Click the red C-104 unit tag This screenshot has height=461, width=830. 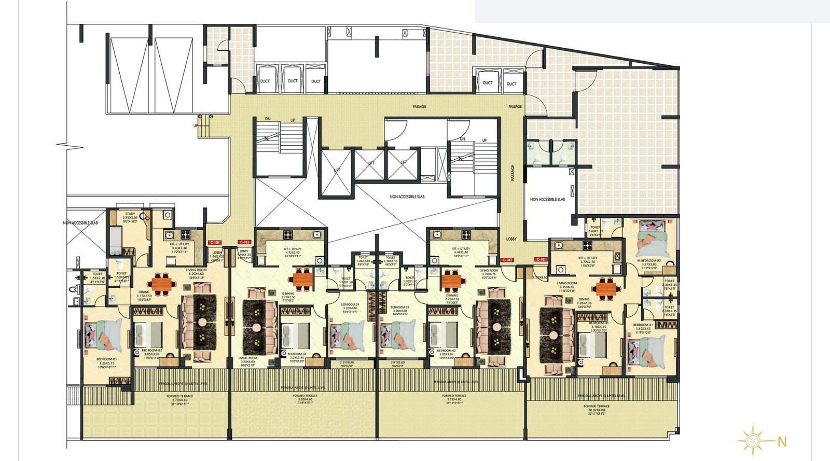(215, 243)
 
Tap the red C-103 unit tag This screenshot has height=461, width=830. (244, 242)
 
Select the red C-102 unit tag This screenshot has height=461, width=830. (507, 260)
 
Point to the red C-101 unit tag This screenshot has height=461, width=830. (541, 259)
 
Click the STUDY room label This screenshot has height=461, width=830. (130, 214)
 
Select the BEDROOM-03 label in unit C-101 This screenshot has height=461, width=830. (598, 323)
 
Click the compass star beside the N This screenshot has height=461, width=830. (752, 441)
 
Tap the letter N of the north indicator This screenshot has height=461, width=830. (782, 442)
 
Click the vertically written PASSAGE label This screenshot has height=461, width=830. (513, 173)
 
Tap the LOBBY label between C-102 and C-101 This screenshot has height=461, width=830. (511, 239)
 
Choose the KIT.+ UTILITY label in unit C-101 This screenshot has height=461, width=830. (588, 258)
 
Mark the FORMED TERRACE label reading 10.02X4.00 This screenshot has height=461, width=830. (597, 407)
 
